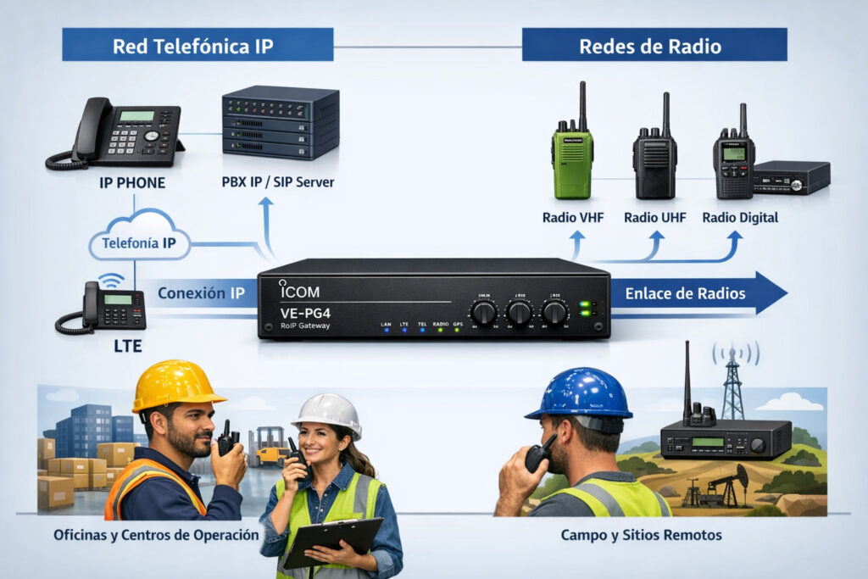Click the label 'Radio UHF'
[654, 218]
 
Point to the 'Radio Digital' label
[739, 218]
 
